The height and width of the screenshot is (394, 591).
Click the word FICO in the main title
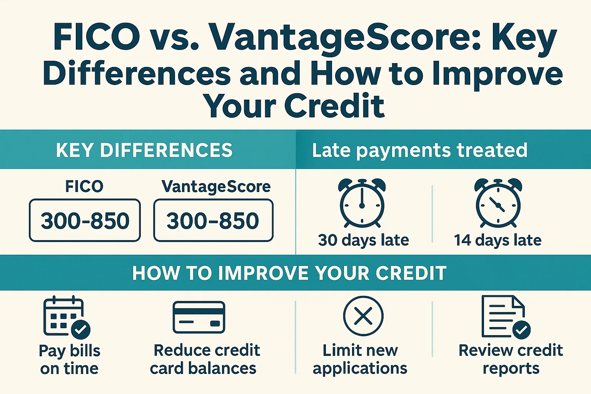[x=97, y=38]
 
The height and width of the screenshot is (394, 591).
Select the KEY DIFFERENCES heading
[x=144, y=150]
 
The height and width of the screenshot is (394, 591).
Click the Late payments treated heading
[x=419, y=150]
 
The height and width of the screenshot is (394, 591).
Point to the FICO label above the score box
[x=84, y=187]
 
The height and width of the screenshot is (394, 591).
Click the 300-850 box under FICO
[x=85, y=220]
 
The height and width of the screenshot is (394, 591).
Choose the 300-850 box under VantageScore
[x=213, y=220]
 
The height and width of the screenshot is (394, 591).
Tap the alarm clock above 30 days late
[x=362, y=203]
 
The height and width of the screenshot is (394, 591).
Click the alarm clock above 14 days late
[x=498, y=203]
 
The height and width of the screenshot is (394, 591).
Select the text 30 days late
[x=363, y=240]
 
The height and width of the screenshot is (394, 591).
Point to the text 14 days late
[x=498, y=240]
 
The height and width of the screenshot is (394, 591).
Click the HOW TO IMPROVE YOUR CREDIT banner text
[x=289, y=273]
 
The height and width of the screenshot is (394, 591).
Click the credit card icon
[x=199, y=317]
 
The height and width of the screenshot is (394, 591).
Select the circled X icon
[x=363, y=316]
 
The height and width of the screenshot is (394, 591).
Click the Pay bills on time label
[x=70, y=359]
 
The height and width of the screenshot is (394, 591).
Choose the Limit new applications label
[x=360, y=359]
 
